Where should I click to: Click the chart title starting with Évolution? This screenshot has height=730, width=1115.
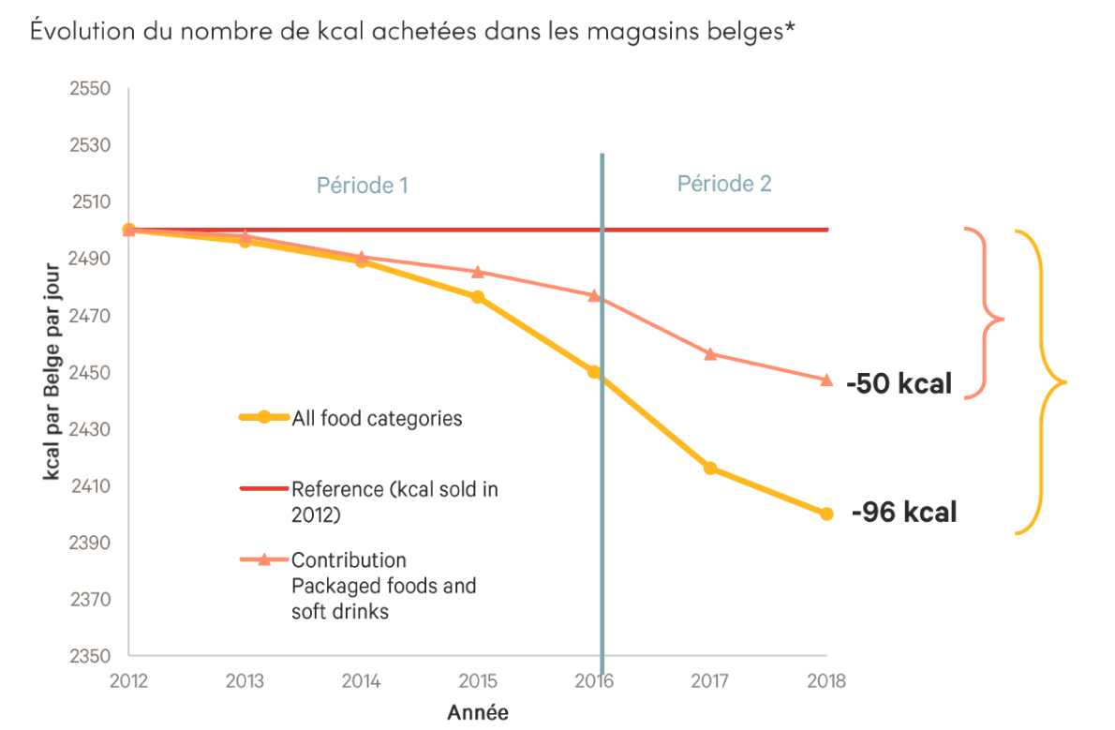(x=413, y=31)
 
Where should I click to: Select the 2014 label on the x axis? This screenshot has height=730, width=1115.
(x=362, y=681)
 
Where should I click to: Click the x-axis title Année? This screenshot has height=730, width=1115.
(x=478, y=712)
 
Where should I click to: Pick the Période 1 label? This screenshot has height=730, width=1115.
(x=362, y=185)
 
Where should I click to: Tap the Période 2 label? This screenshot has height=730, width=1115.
(x=724, y=183)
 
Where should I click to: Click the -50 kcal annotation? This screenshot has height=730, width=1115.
(x=899, y=383)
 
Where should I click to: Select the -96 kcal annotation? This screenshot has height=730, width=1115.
(x=904, y=513)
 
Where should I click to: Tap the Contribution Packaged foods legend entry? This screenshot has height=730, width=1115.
(x=384, y=586)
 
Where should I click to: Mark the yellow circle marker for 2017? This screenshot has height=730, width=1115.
(x=710, y=468)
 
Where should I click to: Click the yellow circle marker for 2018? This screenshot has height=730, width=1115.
(x=826, y=514)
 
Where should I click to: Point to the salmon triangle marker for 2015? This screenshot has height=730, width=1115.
(x=478, y=272)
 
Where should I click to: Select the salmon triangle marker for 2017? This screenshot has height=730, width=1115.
(x=710, y=353)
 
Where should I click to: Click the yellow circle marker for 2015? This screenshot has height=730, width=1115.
(x=478, y=297)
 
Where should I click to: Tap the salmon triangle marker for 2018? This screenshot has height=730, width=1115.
(x=826, y=380)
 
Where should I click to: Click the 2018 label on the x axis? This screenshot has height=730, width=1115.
(x=826, y=681)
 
